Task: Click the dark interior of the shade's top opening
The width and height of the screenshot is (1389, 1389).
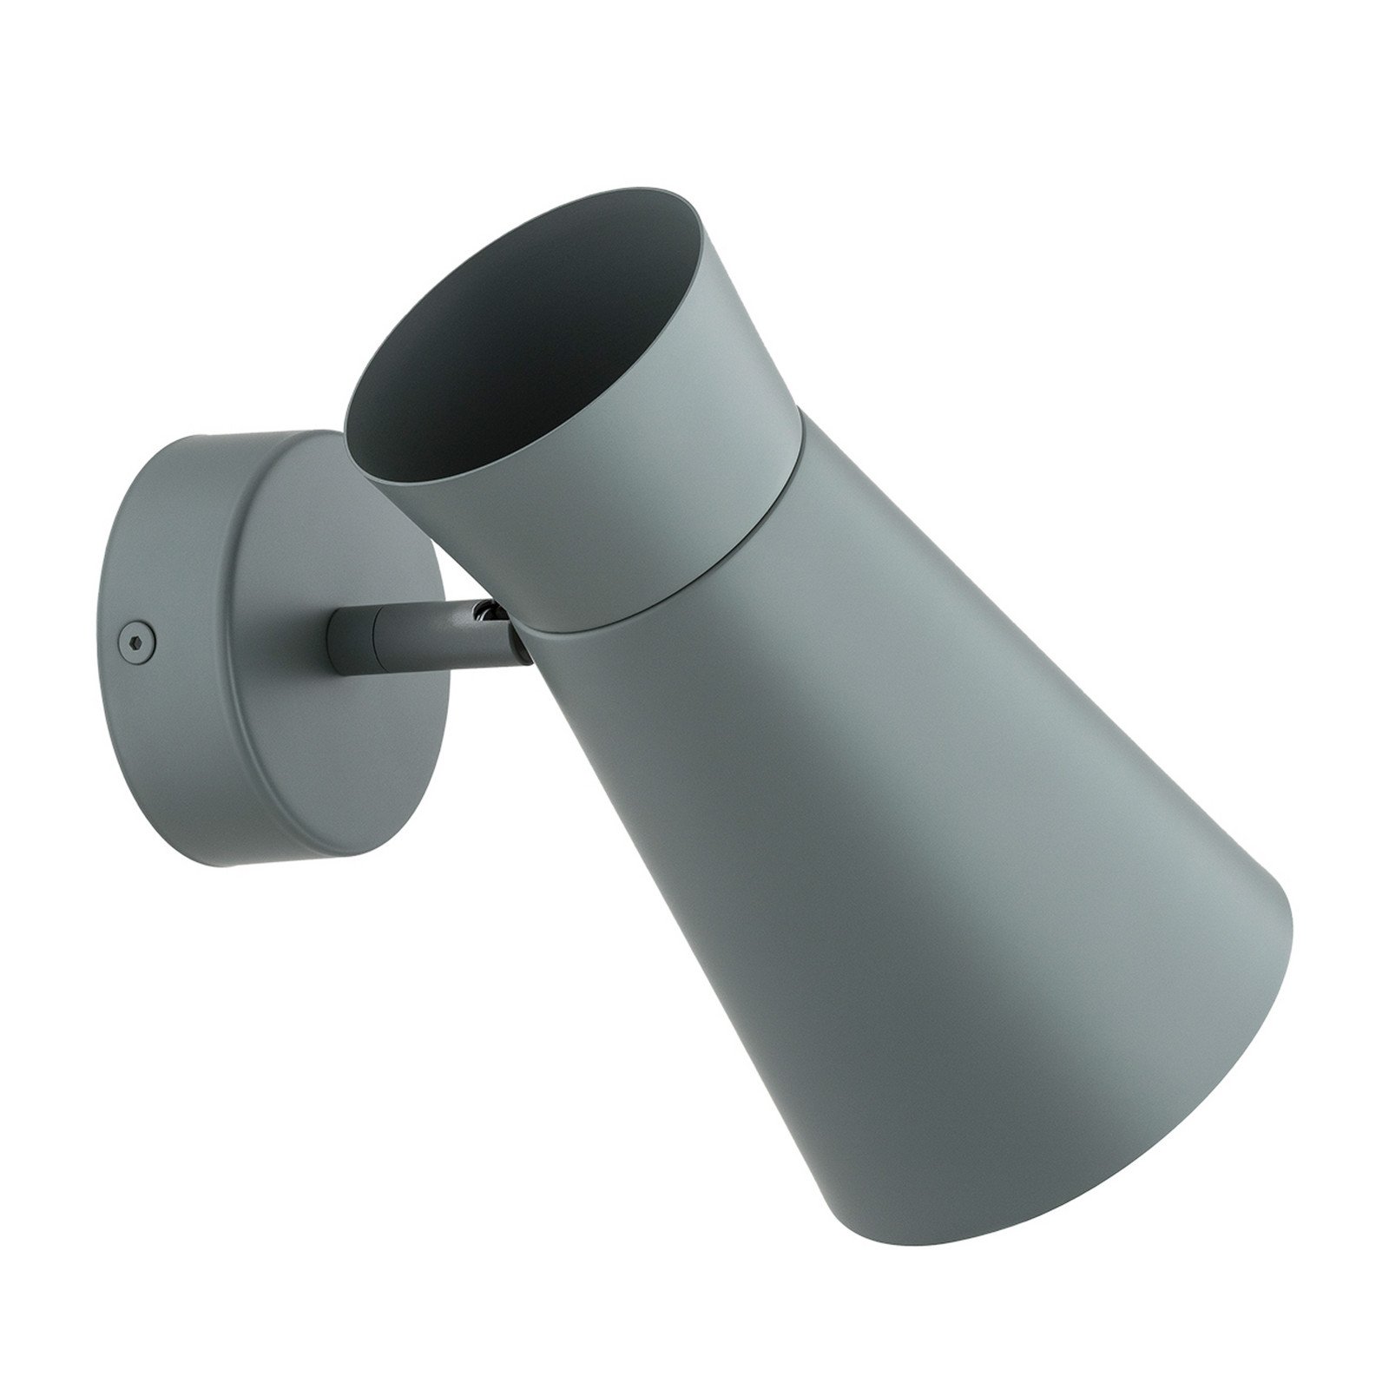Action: [x=486, y=347]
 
